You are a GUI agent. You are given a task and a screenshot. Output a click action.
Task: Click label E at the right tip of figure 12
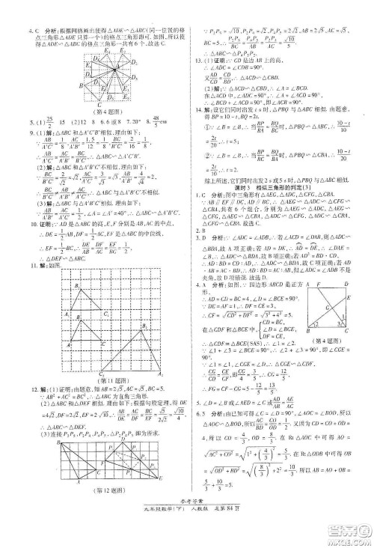pyautogui.click(x=177, y=488)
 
